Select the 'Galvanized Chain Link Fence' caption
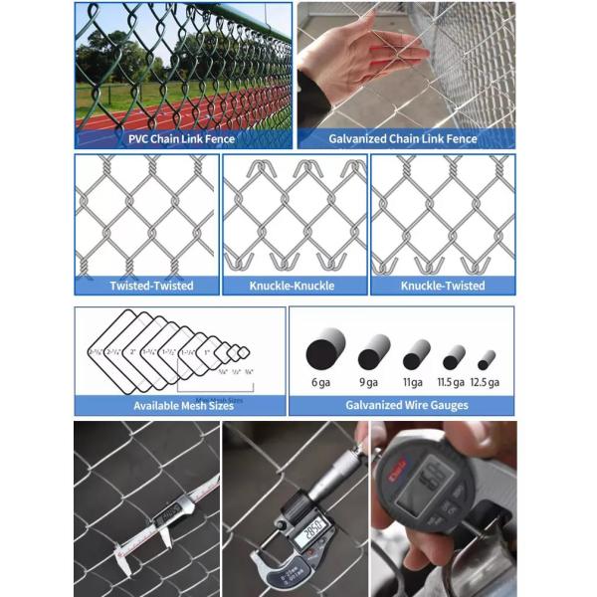[403, 139]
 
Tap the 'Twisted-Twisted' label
[151, 286]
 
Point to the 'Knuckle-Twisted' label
[442, 286]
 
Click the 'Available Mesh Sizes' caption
[177, 406]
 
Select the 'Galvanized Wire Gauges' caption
[401, 406]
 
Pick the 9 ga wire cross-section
[374, 353]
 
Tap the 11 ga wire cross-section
[416, 355]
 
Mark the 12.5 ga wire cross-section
[487, 359]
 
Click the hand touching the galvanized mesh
[348, 55]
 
